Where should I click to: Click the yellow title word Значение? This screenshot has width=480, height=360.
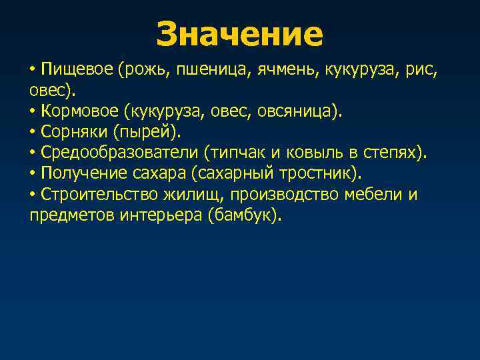tap(239, 34)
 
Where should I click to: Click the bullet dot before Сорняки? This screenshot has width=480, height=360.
tap(33, 132)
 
